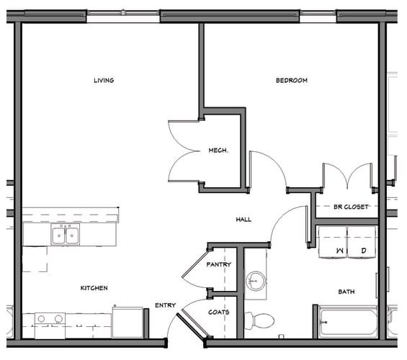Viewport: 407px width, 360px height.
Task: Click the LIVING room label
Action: coord(104,80)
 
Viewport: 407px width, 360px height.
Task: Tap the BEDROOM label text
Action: coord(291,80)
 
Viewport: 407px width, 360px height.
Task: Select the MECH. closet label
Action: coord(218,150)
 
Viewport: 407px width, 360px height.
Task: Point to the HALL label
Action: coord(243,219)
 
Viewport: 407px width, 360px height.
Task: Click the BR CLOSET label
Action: coord(351,207)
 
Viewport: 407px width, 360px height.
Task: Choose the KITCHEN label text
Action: coord(94,288)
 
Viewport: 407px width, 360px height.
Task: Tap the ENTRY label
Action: coord(166,305)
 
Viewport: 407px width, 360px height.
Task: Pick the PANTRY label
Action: coord(218,265)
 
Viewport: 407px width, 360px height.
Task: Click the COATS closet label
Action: coord(218,312)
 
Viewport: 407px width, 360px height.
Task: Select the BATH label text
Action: coord(346,292)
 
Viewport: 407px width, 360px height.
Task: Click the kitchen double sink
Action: coord(65,235)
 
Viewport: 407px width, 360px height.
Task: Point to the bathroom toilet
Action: coord(261,319)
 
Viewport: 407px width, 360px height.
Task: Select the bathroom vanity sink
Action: coord(255,280)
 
